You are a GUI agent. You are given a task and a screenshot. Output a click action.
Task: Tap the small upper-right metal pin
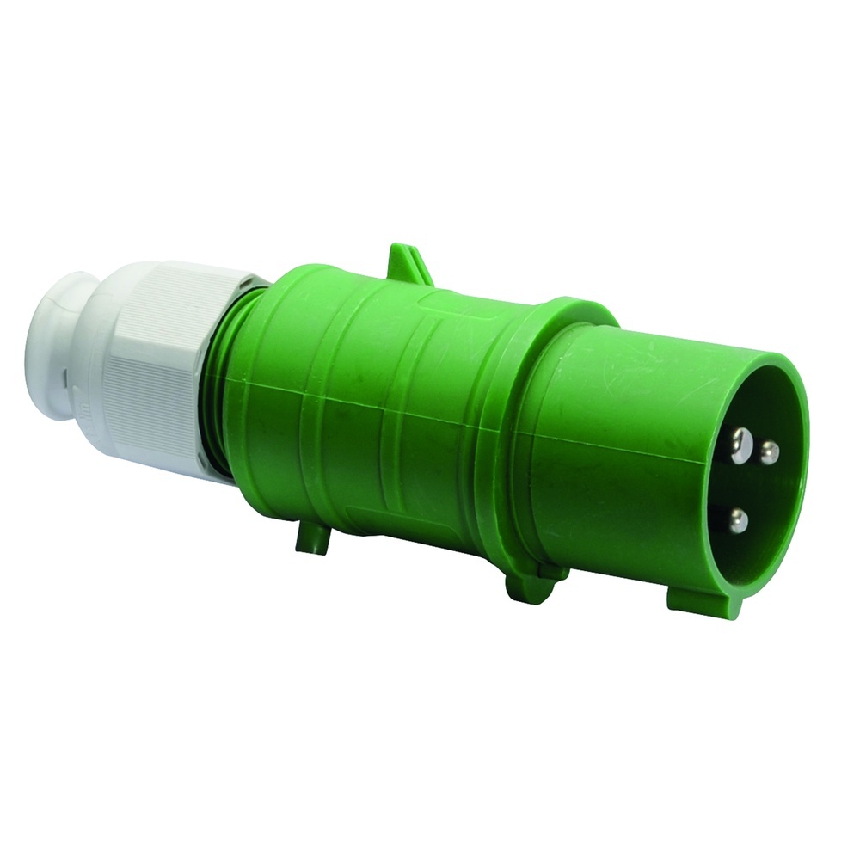(770, 449)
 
